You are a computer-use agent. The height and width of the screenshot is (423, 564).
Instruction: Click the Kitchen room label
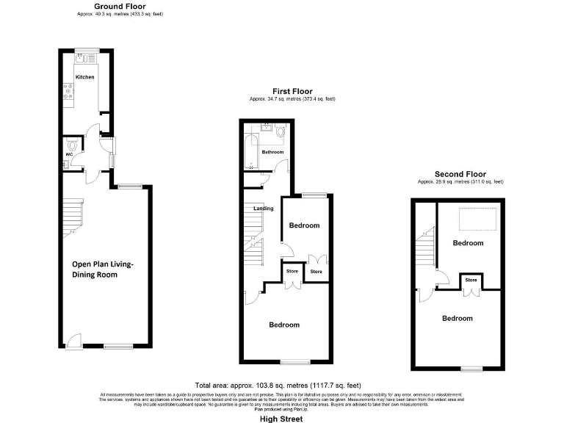pos(85,76)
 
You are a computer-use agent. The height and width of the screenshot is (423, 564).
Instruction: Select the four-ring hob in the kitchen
pos(68,91)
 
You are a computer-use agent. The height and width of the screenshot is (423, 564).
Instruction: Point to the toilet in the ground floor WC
pos(70,144)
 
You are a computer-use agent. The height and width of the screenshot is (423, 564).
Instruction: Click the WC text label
pos(69,154)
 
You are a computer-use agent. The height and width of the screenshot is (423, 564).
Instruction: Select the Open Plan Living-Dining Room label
pos(103,270)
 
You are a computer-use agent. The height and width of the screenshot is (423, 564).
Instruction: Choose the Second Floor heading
pos(460,175)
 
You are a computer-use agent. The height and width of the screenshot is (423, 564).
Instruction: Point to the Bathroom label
pos(273,152)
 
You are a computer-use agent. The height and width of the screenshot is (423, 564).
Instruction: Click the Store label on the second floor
pos(471,280)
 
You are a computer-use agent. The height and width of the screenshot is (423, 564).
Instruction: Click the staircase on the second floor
pos(427,250)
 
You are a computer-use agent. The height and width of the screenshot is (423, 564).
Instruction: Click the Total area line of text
pos(278,386)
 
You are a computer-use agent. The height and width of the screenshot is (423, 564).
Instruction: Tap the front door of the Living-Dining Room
pos(72,341)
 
